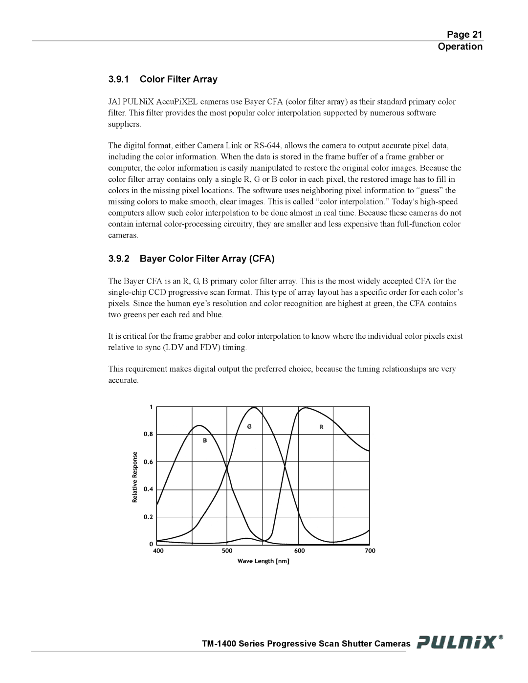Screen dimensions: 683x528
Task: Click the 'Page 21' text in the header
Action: pyautogui.click(x=464, y=34)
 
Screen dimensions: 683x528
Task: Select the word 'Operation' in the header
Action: pyautogui.click(x=460, y=46)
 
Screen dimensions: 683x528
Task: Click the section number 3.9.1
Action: pyautogui.click(x=119, y=79)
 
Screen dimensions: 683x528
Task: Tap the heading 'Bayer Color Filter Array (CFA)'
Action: pyautogui.click(x=207, y=259)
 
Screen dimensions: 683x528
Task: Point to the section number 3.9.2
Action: pyautogui.click(x=119, y=259)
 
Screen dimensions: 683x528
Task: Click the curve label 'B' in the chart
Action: pyautogui.click(x=205, y=441)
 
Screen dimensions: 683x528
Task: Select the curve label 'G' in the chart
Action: pyautogui.click(x=249, y=427)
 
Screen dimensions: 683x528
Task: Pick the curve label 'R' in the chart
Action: pyautogui.click(x=322, y=427)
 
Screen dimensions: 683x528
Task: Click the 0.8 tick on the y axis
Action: pyautogui.click(x=148, y=434)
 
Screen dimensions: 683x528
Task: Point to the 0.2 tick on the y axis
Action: pyautogui.click(x=148, y=517)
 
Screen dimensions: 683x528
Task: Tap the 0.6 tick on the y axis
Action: pyautogui.click(x=148, y=462)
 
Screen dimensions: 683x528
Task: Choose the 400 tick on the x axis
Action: pyautogui.click(x=158, y=551)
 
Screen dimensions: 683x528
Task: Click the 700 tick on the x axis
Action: pyautogui.click(x=370, y=551)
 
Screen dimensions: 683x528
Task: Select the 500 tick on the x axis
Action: pyautogui.click(x=227, y=551)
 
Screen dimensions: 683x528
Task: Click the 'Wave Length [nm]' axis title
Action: pyautogui.click(x=264, y=561)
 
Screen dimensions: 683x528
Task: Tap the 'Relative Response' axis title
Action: pyautogui.click(x=135, y=477)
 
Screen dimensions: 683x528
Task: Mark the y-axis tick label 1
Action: pyautogui.click(x=151, y=407)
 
